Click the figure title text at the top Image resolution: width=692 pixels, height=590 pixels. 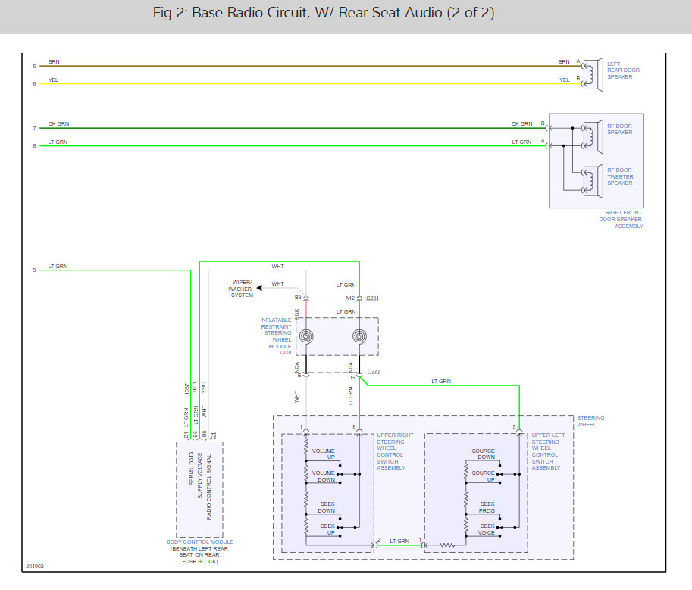click(x=345, y=14)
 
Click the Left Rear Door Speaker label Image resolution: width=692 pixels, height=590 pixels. click(x=623, y=70)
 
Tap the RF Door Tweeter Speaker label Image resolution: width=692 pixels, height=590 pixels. click(x=619, y=176)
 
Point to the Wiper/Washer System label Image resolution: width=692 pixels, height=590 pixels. click(x=242, y=289)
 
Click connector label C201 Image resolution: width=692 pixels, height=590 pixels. click(x=372, y=298)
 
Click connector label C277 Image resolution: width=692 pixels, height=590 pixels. click(x=373, y=372)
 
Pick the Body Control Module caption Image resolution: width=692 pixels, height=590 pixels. click(x=200, y=551)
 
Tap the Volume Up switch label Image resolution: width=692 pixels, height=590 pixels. click(x=324, y=454)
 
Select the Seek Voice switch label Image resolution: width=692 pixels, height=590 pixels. click(x=487, y=530)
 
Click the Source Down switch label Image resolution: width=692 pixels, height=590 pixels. click(x=483, y=454)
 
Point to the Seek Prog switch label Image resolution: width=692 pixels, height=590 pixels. click(x=487, y=507)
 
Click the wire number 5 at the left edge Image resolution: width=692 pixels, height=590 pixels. click(x=34, y=66)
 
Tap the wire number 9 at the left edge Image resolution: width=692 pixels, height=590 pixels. click(x=34, y=270)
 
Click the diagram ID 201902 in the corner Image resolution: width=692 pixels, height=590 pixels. click(x=35, y=567)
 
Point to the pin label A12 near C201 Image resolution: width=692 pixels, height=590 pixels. click(x=350, y=298)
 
